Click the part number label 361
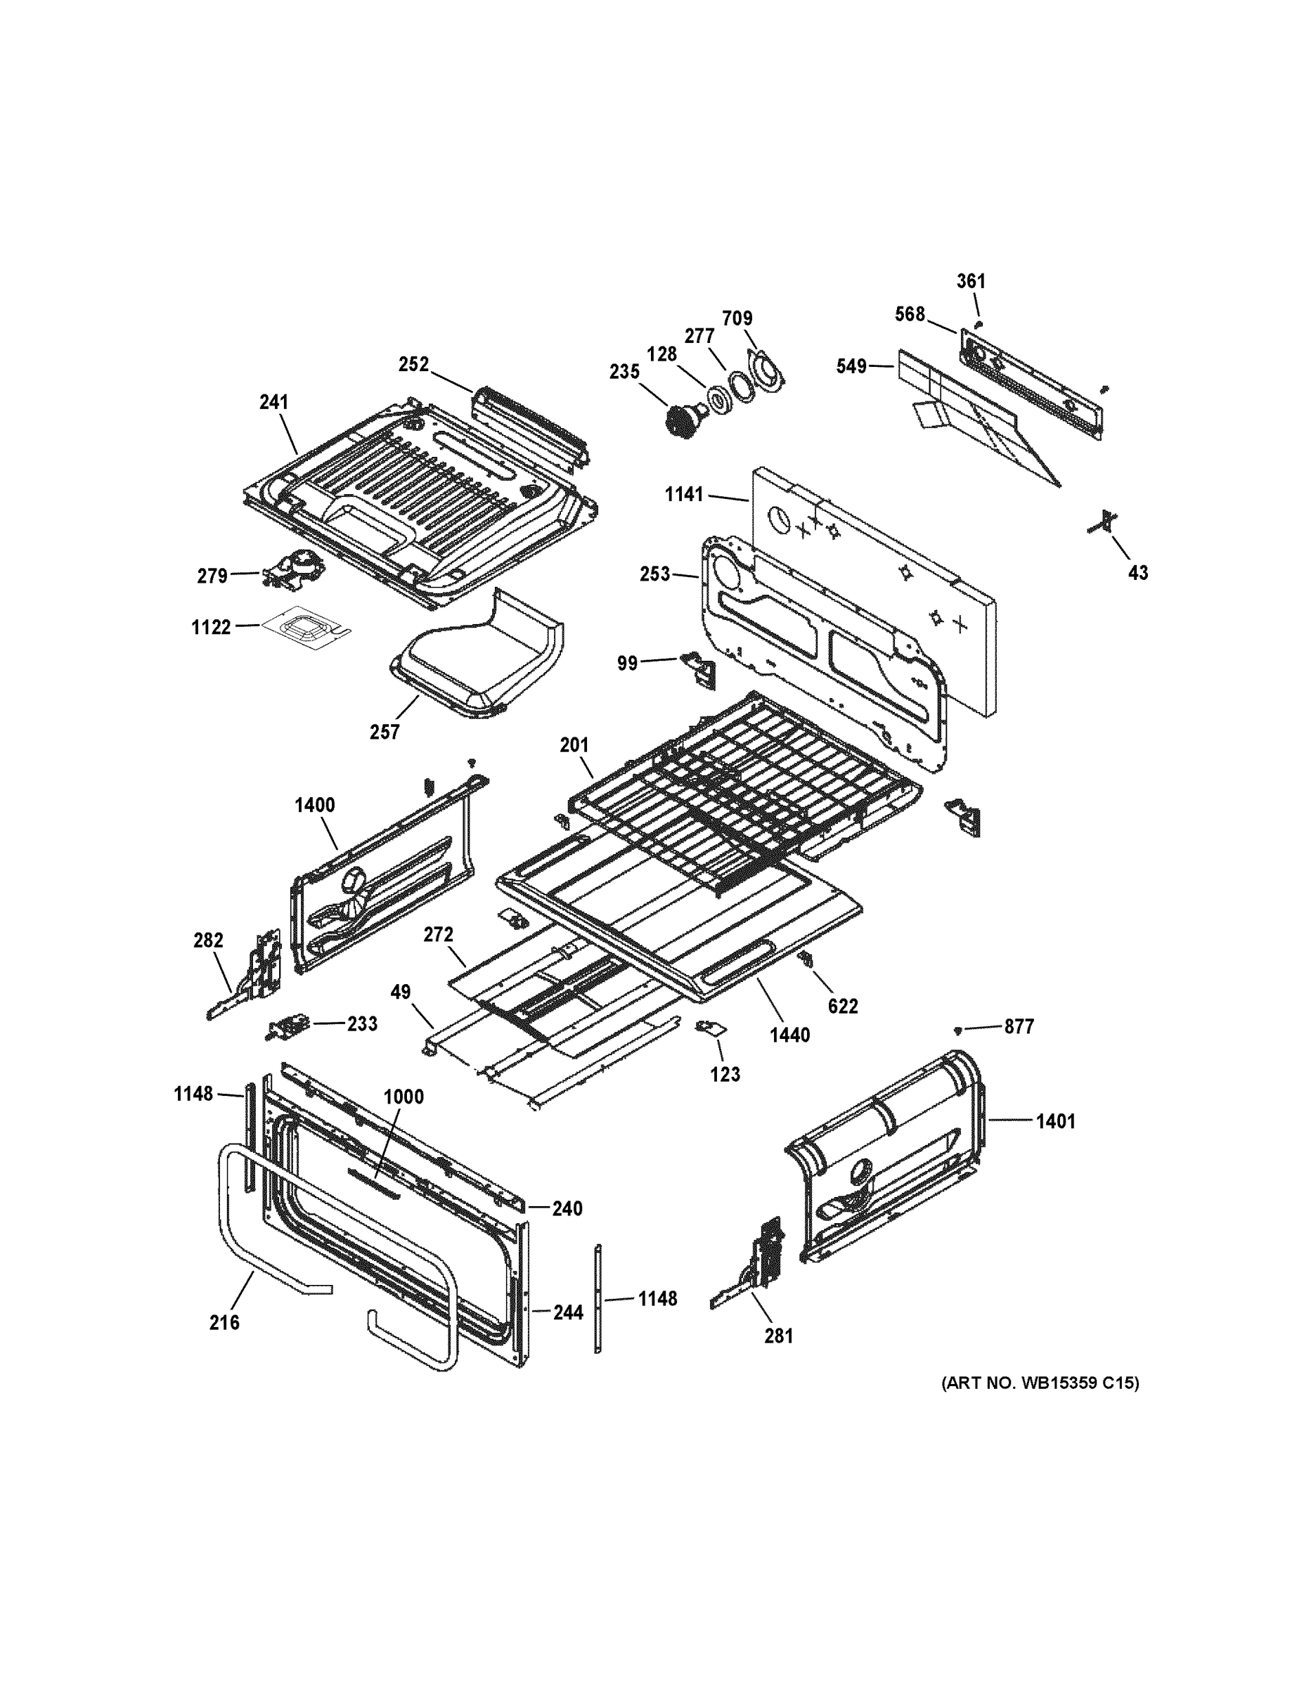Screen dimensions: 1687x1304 [x=971, y=281]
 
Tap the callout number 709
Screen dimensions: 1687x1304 [x=737, y=318]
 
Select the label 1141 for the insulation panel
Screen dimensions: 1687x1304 [x=685, y=494]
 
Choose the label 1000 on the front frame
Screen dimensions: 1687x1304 [x=404, y=1097]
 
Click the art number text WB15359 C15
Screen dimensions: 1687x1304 [x=1039, y=1383]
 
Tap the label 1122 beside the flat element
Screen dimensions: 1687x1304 [x=211, y=627]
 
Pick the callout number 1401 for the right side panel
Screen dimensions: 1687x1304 [x=1055, y=1122]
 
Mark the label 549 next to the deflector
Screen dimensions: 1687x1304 [x=851, y=366]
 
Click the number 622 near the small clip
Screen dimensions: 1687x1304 [x=843, y=1007]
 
